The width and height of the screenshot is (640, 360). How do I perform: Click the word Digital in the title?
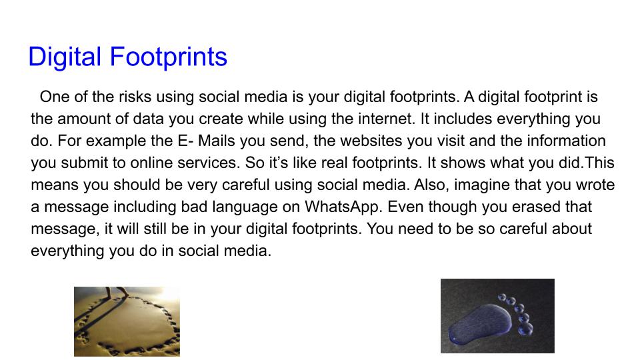click(x=64, y=57)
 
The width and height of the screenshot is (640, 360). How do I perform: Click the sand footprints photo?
click(x=127, y=321)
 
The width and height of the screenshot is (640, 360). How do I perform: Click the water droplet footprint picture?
click(x=497, y=315)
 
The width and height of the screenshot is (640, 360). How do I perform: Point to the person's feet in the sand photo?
click(x=121, y=293)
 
